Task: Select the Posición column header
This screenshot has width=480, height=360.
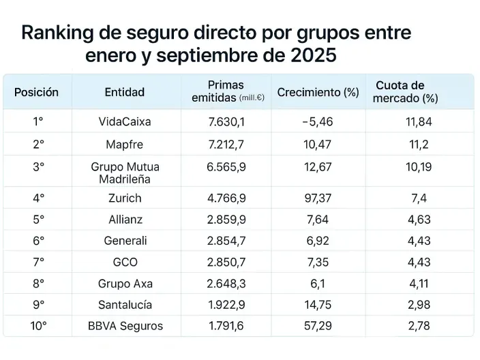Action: [37, 92]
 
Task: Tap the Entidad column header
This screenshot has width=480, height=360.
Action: [125, 92]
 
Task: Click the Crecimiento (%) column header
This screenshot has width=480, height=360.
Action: [318, 93]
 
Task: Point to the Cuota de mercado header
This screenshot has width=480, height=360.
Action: [405, 92]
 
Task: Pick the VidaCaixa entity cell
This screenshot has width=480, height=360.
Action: [125, 122]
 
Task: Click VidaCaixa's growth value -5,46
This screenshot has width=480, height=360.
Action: [318, 122]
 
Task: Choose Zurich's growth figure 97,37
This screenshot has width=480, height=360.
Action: [318, 198]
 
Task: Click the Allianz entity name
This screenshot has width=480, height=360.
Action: [125, 220]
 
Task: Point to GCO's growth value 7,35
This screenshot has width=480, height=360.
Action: [318, 262]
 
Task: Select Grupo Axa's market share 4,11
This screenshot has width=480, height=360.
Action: [419, 283]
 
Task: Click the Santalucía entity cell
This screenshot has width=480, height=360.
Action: [125, 304]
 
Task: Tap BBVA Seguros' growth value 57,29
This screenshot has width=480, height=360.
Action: [318, 325]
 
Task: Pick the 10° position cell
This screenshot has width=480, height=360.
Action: [38, 325]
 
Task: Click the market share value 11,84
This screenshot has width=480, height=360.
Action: [419, 122]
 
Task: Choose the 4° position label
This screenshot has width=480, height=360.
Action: [38, 198]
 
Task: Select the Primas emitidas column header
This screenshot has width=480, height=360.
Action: [226, 92]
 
